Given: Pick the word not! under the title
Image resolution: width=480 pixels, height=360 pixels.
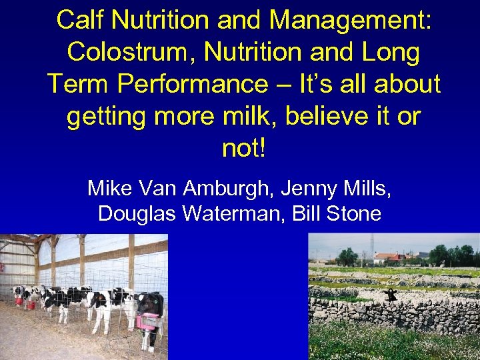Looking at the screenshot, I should click(x=243, y=148).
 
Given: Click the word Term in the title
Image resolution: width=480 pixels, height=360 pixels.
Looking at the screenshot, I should click(x=74, y=84).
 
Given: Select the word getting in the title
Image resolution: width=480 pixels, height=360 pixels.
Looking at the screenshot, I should click(x=106, y=116).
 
